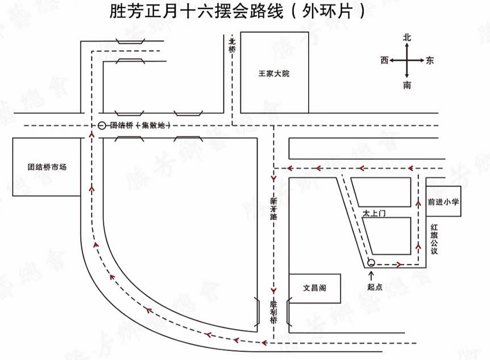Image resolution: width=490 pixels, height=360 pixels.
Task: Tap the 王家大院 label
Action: pyautogui.click(x=274, y=74)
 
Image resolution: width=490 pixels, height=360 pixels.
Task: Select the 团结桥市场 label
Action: pyautogui.click(x=47, y=168)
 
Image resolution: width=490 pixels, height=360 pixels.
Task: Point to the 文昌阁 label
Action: pyautogui.click(x=314, y=288)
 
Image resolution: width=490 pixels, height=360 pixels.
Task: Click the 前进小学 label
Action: pyautogui.click(x=443, y=201)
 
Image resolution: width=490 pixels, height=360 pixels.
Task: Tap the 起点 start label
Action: pyautogui.click(x=375, y=287)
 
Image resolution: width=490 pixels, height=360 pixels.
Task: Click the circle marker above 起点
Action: pyautogui.click(x=371, y=263)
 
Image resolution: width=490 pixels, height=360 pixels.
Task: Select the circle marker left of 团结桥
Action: pyautogui.click(x=102, y=126)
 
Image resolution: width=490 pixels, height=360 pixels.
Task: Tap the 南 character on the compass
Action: pyautogui.click(x=407, y=85)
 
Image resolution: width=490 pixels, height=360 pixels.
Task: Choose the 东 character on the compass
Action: pyautogui.click(x=430, y=60)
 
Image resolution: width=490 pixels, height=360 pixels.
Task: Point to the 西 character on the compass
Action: pyautogui.click(x=385, y=60)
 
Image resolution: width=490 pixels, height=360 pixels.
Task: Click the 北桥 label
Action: pyautogui.click(x=232, y=45)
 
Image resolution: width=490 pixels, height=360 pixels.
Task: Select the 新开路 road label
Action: pyautogui.click(x=273, y=209)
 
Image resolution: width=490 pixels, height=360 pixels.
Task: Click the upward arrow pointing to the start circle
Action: pyautogui.click(x=372, y=275)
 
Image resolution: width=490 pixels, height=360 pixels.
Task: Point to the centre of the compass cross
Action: pyautogui.click(x=407, y=60)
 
